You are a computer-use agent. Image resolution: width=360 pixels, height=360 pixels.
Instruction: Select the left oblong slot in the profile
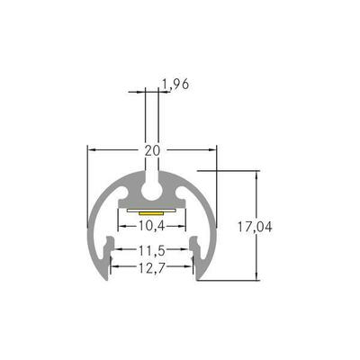pos(124,192)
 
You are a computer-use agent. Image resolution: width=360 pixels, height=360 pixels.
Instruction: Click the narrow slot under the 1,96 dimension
pos(151,171)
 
